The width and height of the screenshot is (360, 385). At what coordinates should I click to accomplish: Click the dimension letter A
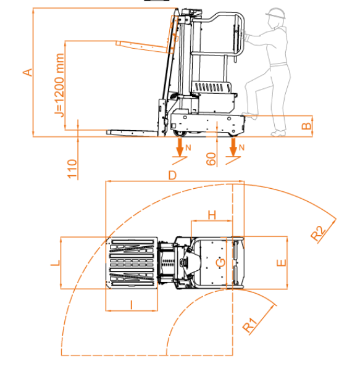coord(28,72)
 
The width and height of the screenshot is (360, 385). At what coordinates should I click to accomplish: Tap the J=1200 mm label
coord(59,85)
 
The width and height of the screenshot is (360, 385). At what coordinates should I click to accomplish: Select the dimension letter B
coord(306,126)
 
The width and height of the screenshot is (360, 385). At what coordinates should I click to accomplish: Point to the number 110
coord(72,168)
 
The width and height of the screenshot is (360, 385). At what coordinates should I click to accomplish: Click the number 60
coord(211,159)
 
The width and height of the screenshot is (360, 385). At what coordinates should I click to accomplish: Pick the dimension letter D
coord(172,175)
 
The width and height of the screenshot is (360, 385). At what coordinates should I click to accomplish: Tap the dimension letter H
coord(212,215)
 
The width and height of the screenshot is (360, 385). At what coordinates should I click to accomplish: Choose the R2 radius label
coord(318,233)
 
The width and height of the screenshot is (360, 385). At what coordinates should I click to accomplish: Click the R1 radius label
coord(250,325)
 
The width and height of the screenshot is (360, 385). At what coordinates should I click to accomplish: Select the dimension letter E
coord(282,263)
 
